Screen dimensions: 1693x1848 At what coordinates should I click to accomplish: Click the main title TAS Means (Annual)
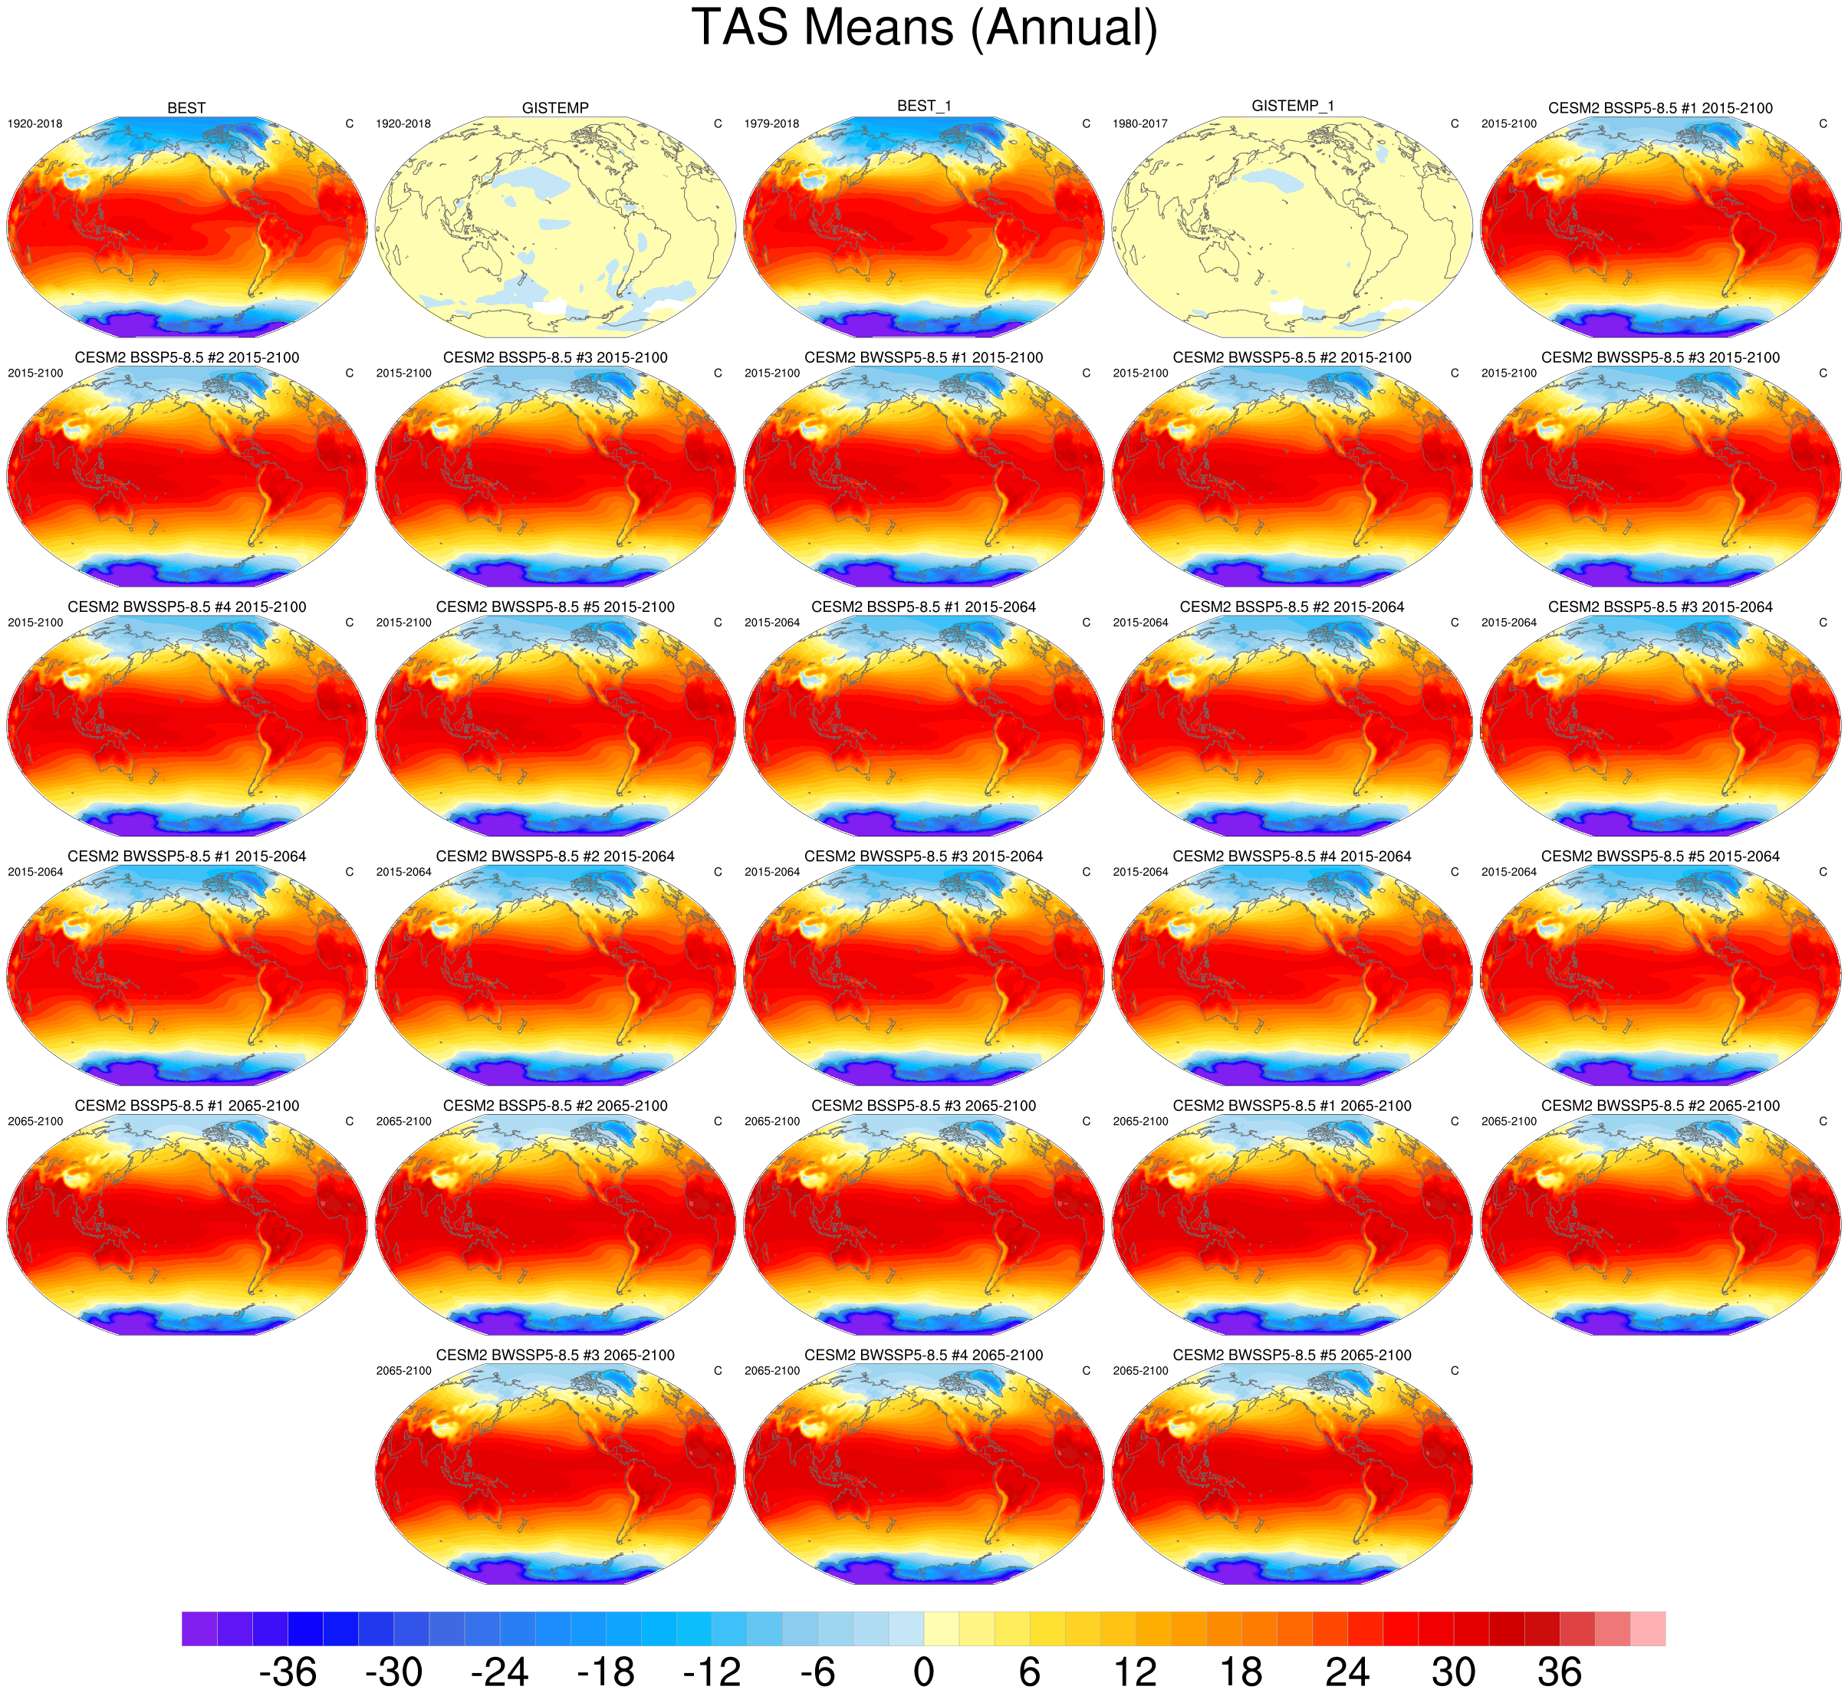point(924,28)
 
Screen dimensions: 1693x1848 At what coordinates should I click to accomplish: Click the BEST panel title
point(186,108)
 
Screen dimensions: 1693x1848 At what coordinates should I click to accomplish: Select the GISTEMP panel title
point(554,108)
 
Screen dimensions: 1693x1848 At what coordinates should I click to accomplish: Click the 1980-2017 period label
point(1140,123)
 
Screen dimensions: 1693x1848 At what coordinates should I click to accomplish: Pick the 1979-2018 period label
point(772,123)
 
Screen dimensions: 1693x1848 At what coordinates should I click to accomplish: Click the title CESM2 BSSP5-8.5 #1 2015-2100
point(1660,108)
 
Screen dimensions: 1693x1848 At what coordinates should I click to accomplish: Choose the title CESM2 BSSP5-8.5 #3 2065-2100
point(923,1106)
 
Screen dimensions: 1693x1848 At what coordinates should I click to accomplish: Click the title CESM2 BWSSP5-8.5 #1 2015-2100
point(923,357)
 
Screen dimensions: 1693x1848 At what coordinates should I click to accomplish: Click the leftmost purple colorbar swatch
point(199,1629)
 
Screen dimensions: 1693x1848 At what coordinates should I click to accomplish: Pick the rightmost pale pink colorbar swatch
point(1648,1629)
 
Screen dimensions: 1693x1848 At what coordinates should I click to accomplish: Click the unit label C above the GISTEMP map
point(718,123)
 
